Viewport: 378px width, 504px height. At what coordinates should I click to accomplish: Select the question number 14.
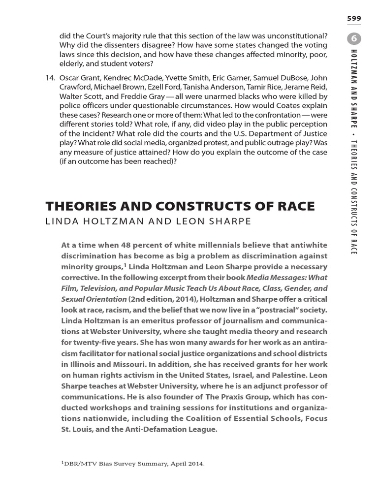pyautogui.click(x=50, y=78)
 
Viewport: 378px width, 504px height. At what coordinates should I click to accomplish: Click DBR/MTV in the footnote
pyautogui.click(x=79, y=464)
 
